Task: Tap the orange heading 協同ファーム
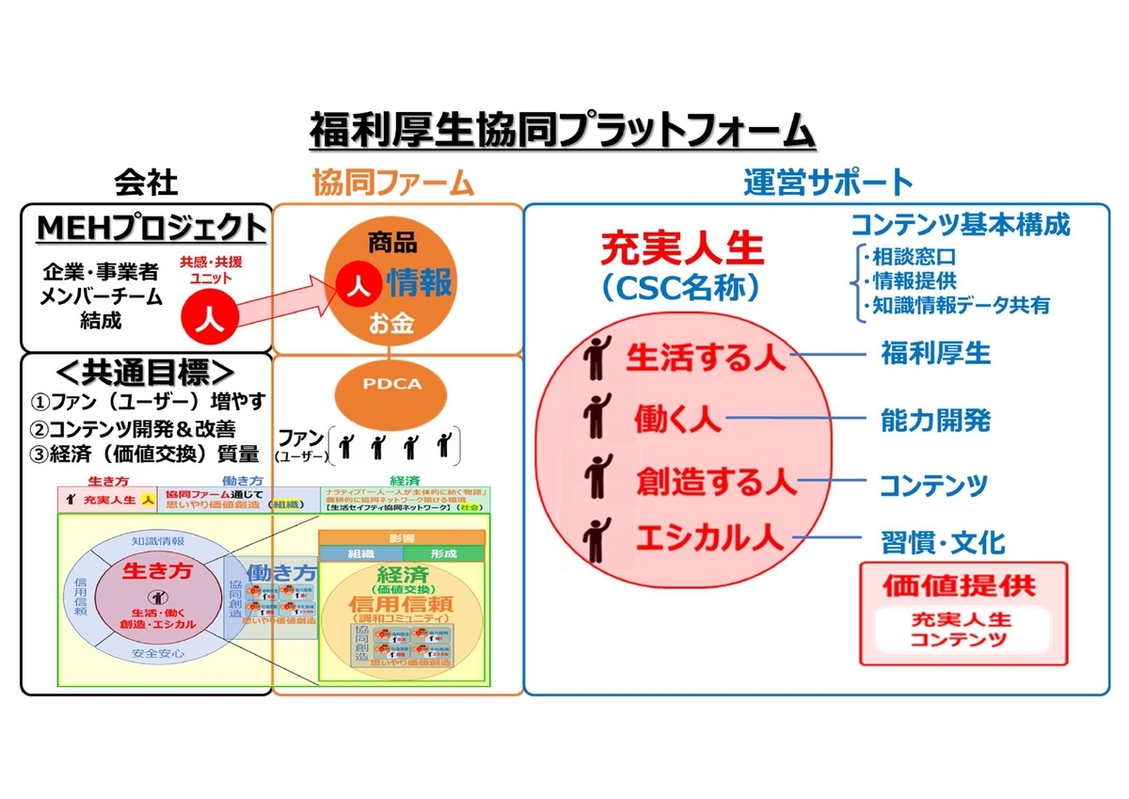pyautogui.click(x=392, y=183)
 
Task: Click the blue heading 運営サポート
pyautogui.click(x=828, y=182)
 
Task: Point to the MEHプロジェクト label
pyautogui.click(x=151, y=229)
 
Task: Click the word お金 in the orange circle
pyautogui.click(x=392, y=324)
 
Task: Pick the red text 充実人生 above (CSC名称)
pyautogui.click(x=683, y=251)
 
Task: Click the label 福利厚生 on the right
pyautogui.click(x=935, y=354)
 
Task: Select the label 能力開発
pyautogui.click(x=935, y=420)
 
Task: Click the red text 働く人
pyautogui.click(x=677, y=417)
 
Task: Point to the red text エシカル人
pyautogui.click(x=708, y=537)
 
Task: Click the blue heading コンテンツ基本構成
pyautogui.click(x=960, y=225)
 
